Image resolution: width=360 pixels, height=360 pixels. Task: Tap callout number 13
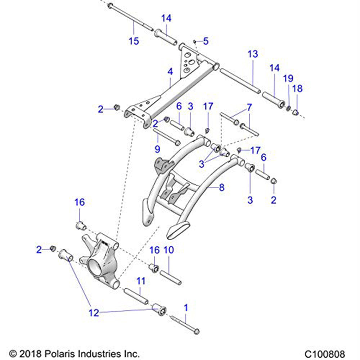click(x=253, y=54)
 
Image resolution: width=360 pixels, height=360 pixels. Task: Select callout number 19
click(x=288, y=78)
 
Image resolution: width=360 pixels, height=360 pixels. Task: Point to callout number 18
click(x=298, y=89)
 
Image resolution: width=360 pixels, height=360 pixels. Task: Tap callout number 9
click(x=157, y=148)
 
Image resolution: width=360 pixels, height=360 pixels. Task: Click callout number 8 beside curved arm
click(x=222, y=187)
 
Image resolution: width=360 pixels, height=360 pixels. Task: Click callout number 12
click(x=94, y=313)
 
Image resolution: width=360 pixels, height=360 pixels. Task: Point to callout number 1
click(x=186, y=307)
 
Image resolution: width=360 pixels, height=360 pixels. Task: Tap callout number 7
click(x=249, y=107)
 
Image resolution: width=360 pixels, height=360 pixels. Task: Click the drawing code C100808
click(x=324, y=354)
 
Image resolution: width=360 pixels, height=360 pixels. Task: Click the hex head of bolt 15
click(x=110, y=5)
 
